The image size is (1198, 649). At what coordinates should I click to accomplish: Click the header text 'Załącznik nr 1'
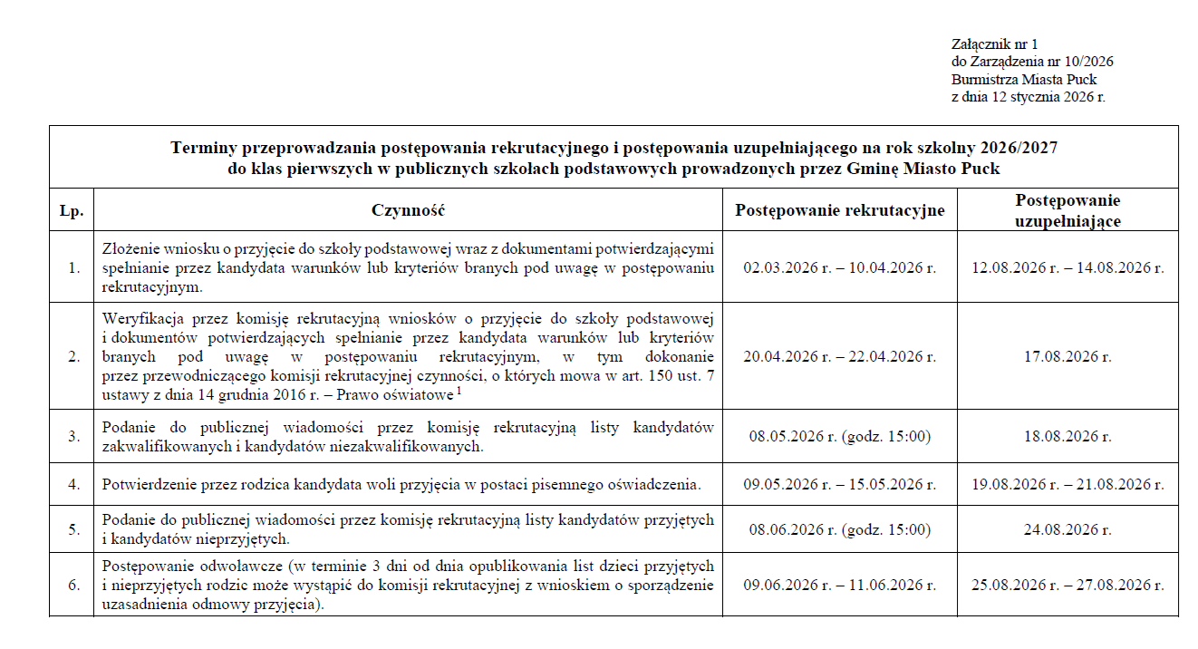click(x=994, y=44)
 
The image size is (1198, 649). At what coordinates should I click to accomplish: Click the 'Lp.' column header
click(x=72, y=211)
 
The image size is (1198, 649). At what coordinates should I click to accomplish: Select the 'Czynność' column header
click(x=408, y=211)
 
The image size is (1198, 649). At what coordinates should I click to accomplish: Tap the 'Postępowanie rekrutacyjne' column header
click(x=839, y=211)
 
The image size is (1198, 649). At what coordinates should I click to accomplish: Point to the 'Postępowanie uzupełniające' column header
click(x=1068, y=210)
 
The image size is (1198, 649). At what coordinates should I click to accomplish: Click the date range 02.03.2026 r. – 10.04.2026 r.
click(x=839, y=268)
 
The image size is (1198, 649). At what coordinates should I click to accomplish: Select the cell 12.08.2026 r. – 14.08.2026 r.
click(x=1068, y=268)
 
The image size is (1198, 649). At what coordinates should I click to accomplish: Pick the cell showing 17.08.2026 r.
click(x=1068, y=357)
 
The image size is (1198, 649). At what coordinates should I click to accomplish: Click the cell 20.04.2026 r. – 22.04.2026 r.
click(x=839, y=357)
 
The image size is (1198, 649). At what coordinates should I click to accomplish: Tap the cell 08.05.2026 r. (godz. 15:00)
click(x=839, y=437)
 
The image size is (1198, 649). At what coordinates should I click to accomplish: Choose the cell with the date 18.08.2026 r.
click(x=1068, y=437)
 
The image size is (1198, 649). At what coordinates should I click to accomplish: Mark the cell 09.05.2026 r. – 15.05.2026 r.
click(x=839, y=485)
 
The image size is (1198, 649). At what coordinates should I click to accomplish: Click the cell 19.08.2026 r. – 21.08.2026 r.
click(x=1068, y=485)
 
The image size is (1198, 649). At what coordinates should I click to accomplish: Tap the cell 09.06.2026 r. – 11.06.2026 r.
click(x=839, y=586)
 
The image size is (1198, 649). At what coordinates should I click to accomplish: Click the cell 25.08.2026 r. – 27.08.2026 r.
click(x=1068, y=586)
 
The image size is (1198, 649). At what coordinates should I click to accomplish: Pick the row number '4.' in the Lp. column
click(x=73, y=485)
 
